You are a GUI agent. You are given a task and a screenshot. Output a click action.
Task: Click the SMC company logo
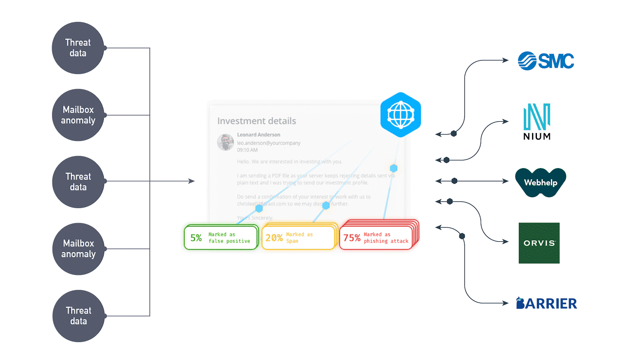pyautogui.click(x=546, y=61)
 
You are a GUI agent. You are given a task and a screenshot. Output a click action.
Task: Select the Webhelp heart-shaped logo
pyautogui.click(x=541, y=182)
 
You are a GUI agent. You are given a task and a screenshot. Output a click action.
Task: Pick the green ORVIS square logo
pyautogui.click(x=539, y=243)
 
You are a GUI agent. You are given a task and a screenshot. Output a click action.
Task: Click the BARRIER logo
pyautogui.click(x=547, y=303)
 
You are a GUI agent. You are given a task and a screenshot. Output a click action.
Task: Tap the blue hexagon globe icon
pyautogui.click(x=400, y=115)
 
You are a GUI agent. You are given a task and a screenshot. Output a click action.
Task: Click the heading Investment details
pyautogui.click(x=256, y=121)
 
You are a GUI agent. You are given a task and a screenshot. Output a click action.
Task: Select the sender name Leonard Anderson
pyautogui.click(x=258, y=135)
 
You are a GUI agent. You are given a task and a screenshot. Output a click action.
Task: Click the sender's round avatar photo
pyautogui.click(x=225, y=142)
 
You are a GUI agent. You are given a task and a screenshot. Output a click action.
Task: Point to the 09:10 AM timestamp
pyautogui.click(x=247, y=150)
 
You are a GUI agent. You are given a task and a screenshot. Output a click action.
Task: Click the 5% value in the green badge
pyautogui.click(x=196, y=238)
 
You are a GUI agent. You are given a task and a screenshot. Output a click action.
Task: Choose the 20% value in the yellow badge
pyautogui.click(x=274, y=238)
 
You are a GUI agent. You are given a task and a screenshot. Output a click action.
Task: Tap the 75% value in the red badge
pyautogui.click(x=352, y=238)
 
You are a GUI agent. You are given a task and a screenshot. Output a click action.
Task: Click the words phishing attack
pyautogui.click(x=386, y=241)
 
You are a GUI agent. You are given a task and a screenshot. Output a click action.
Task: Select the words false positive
pyautogui.click(x=229, y=241)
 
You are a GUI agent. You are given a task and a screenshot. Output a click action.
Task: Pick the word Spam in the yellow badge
pyautogui.click(x=292, y=241)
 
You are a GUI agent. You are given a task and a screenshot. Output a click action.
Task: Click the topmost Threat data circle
pyautogui.click(x=78, y=48)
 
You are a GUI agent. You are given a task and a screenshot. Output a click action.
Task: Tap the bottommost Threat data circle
pyautogui.click(x=78, y=316)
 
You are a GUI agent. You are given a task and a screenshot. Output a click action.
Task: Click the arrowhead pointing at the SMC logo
pyautogui.click(x=506, y=60)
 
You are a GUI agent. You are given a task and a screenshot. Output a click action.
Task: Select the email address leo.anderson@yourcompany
pyautogui.click(x=269, y=143)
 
